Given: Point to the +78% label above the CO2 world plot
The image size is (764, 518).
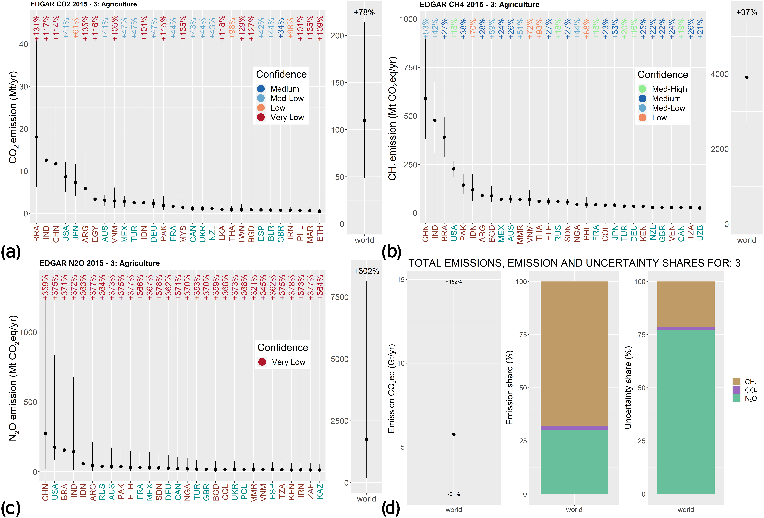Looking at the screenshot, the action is pos(364,12).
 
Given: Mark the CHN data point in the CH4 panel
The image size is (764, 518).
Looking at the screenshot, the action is pos(425,98).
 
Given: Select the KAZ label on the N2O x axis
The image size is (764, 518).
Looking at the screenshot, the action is pos(320,491).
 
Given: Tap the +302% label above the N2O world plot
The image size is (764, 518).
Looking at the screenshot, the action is pos(367,271).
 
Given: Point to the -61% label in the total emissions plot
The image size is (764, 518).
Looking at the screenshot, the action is pos(454,494).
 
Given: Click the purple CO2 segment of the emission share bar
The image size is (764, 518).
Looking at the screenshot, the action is pos(574,428).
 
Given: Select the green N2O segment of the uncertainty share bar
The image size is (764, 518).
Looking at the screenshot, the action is pos(686,412).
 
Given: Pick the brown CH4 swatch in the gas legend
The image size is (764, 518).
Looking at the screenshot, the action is pos(736,381).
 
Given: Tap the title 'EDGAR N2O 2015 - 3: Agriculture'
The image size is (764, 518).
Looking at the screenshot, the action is pos(100,263).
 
